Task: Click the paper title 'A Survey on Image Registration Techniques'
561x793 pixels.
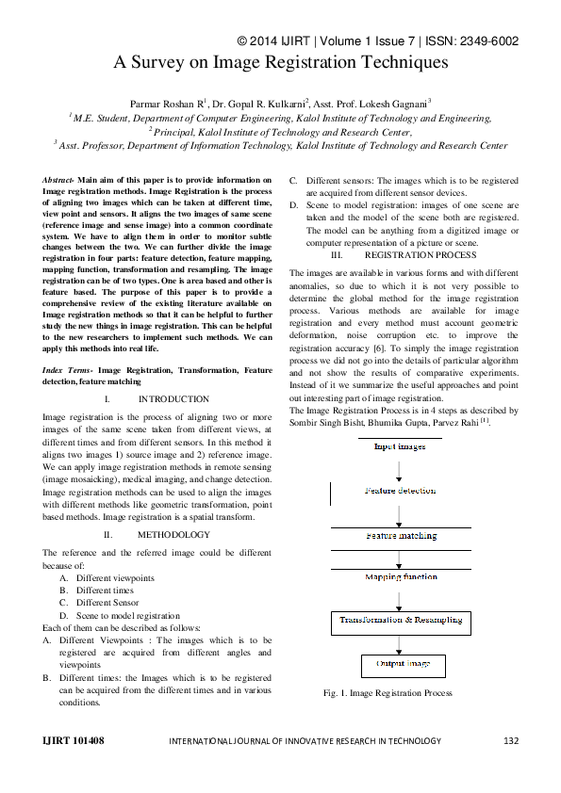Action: [x=280, y=63]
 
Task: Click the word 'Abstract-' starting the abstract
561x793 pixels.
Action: [x=59, y=179]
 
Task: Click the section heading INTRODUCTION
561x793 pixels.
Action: [x=173, y=399]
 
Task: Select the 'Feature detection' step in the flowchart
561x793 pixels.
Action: [x=401, y=491]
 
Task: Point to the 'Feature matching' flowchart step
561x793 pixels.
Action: [x=401, y=535]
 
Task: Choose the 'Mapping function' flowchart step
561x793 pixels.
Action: [x=401, y=576]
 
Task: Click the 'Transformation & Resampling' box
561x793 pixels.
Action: [x=401, y=620]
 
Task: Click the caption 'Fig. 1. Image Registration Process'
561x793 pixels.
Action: [x=388, y=693]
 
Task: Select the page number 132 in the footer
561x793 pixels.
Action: [x=510, y=741]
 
